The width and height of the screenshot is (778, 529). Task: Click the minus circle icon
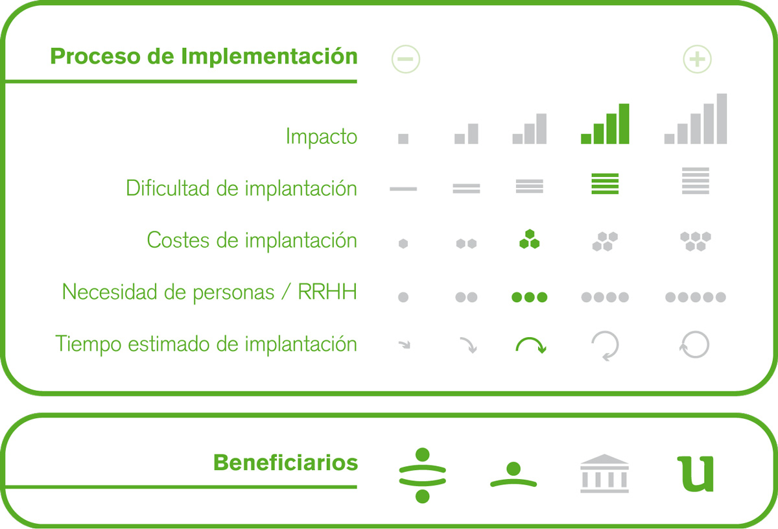(x=406, y=59)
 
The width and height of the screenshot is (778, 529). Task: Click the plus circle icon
(x=697, y=59)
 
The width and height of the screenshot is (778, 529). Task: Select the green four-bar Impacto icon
(x=605, y=124)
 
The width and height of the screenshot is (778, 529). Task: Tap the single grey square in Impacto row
(x=403, y=139)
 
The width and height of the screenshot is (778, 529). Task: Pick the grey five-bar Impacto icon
(x=695, y=119)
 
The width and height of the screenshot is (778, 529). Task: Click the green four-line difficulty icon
(x=605, y=183)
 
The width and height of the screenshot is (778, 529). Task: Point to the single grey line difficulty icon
(x=403, y=189)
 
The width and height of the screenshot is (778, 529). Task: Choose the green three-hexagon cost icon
(x=529, y=239)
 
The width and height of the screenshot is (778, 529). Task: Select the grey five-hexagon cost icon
(x=695, y=241)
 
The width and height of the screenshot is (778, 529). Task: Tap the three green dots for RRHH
(x=529, y=297)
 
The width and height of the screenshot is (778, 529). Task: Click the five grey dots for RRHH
(x=695, y=297)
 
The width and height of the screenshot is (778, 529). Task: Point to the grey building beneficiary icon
(x=604, y=473)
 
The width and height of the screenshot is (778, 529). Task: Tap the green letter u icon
(x=695, y=474)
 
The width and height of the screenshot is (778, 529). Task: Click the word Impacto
(x=322, y=137)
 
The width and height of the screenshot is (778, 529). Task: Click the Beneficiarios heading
(x=285, y=463)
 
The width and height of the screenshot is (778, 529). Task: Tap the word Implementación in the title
(x=269, y=56)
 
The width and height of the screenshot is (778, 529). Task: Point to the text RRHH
(x=327, y=292)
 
